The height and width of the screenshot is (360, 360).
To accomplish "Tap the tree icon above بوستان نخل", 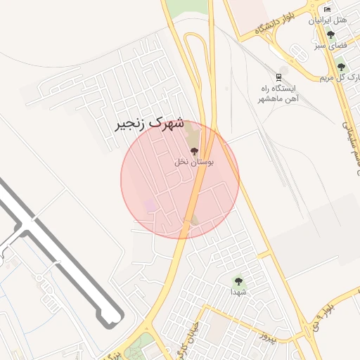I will tap(195, 151).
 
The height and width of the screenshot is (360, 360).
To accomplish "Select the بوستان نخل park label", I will tap(195, 162).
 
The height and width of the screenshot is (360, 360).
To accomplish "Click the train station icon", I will tap(279, 77).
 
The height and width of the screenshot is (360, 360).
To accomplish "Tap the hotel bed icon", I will tap(328, 9).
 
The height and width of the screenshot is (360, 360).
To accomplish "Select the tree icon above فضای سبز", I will tap(331, 34).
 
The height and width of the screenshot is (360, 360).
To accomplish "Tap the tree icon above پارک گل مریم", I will tap(341, 66).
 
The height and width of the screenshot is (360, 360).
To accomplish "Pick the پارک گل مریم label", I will tap(342, 77).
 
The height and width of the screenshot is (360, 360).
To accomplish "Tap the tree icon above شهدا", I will tap(238, 280).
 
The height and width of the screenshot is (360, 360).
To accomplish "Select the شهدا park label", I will tap(238, 291).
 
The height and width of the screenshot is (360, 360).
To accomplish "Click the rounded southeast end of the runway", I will tap(110, 322).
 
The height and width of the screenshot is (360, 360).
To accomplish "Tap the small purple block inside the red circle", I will tap(150, 205).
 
